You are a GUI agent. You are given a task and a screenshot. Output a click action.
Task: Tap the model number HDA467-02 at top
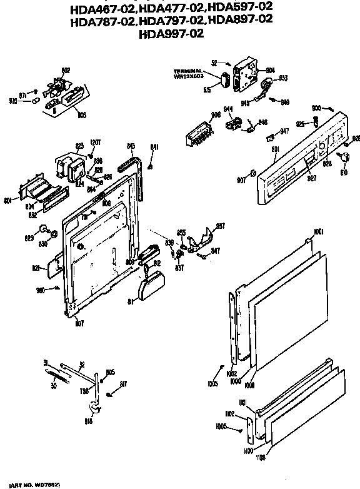103,8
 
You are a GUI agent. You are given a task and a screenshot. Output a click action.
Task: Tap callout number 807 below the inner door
79,324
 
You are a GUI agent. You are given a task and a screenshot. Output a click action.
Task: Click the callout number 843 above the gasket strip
131,146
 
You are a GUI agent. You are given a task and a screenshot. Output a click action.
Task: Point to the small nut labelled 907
252,173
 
